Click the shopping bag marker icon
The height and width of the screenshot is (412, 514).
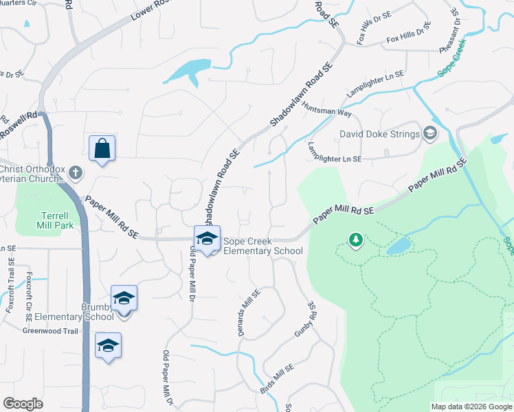pyautogui.click(x=102, y=148)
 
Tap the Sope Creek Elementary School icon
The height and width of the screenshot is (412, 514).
pyautogui.click(x=207, y=238)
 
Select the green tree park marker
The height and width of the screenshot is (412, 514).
pyautogui.click(x=355, y=240)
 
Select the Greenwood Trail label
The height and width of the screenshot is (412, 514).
pyautogui.click(x=52, y=330)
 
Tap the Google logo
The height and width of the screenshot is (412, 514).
pyautogui.click(x=23, y=404)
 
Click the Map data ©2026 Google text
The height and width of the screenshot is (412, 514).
pyautogui.click(x=471, y=407)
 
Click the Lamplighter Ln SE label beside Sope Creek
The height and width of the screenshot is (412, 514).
pyautogui.click(x=375, y=83)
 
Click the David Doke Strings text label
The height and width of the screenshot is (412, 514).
pyautogui.click(x=380, y=134)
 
